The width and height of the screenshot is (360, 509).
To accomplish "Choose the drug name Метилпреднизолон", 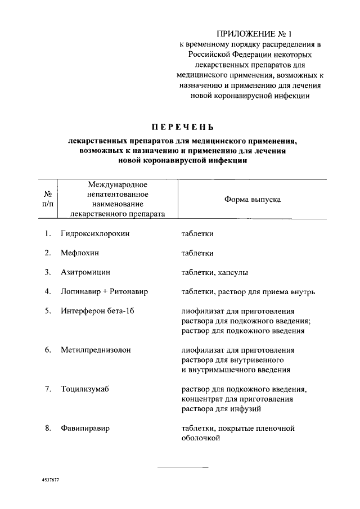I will pos(96,350).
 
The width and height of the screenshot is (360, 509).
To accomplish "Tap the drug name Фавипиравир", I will pos(85,428).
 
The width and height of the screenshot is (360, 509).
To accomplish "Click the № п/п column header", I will pos(48,199).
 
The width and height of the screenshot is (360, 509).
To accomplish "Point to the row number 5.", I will pos(48,311).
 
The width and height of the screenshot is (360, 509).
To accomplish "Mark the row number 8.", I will pos(48,428).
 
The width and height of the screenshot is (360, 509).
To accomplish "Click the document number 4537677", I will pos(51,482).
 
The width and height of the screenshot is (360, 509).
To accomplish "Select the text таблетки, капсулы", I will pos(214,272).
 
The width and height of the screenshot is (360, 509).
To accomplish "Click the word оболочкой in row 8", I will pos(199,438).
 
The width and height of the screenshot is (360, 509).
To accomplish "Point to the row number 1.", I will pos(48,233).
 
